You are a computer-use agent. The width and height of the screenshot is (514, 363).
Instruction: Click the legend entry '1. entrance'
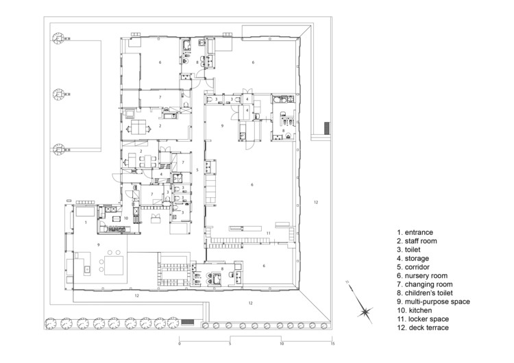click(x=415, y=233)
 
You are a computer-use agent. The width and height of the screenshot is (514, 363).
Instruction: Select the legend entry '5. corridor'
click(x=413, y=267)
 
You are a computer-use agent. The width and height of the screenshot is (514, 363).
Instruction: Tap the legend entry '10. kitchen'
click(x=415, y=310)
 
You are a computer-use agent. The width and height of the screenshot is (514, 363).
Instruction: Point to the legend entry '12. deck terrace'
click(x=423, y=328)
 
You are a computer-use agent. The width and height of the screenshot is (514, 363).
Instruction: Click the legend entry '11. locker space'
click(x=423, y=319)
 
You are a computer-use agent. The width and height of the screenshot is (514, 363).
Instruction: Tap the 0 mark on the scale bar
click(x=180, y=344)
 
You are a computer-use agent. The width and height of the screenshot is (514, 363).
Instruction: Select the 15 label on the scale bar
click(x=332, y=344)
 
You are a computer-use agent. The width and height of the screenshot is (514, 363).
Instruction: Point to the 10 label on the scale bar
click(x=281, y=344)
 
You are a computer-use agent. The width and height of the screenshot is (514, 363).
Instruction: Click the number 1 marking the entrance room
click(x=86, y=223)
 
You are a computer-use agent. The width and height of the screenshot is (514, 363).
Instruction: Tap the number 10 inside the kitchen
click(x=126, y=218)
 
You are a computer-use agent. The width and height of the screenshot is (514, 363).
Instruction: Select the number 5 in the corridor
click(x=197, y=170)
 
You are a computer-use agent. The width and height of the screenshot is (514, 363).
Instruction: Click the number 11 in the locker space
click(x=269, y=234)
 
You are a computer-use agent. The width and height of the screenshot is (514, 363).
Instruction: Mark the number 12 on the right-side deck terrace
click(x=316, y=202)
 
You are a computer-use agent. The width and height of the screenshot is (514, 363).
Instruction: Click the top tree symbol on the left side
click(x=58, y=38)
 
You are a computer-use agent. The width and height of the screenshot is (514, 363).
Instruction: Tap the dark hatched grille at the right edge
click(x=327, y=128)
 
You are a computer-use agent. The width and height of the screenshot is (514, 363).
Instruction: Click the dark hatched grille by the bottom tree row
click(x=188, y=322)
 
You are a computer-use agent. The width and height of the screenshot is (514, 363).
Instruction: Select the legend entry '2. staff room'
click(x=417, y=241)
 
